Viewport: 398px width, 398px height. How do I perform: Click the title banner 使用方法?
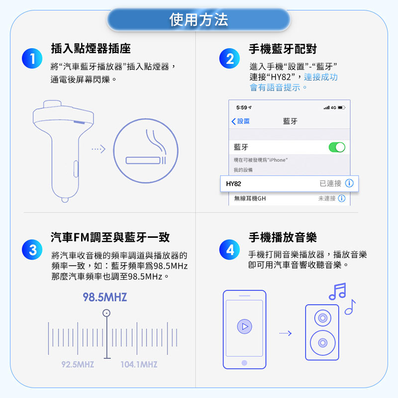(199, 20)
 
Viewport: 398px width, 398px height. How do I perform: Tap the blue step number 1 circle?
(32, 58)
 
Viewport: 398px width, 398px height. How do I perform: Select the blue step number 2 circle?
(229, 58)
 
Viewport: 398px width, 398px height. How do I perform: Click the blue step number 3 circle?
(32, 250)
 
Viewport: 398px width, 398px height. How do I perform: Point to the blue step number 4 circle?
(229, 250)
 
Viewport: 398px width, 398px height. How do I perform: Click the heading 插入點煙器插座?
(91, 48)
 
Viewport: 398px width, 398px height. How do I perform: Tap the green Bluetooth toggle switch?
(337, 147)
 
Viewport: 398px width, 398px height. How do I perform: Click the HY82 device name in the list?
(233, 184)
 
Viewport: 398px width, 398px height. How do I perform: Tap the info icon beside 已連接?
(349, 183)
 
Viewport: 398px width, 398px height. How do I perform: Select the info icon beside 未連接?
(342, 198)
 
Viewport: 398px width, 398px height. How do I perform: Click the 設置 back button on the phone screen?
(241, 121)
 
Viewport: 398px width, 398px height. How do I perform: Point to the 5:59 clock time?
(242, 107)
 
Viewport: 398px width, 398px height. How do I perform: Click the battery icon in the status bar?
(341, 107)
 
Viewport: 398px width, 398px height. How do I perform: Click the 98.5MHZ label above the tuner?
(105, 297)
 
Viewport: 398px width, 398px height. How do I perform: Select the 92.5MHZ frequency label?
(78, 365)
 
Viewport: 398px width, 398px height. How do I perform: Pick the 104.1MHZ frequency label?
(139, 365)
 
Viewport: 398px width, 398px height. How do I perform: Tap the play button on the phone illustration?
(244, 326)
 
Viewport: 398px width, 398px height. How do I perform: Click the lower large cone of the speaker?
(322, 343)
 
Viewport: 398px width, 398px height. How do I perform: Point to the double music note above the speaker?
(337, 292)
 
